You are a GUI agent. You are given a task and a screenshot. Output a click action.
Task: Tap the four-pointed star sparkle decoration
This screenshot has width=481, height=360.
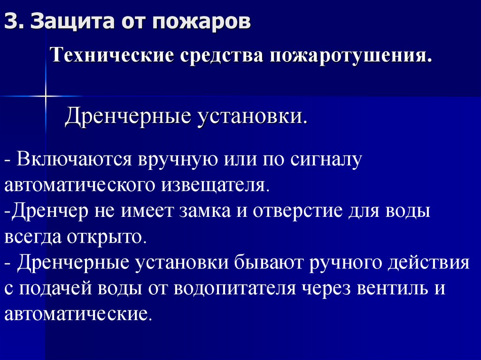[x=46, y=96]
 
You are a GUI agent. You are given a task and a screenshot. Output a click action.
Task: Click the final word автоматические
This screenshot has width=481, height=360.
[x=78, y=313]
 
